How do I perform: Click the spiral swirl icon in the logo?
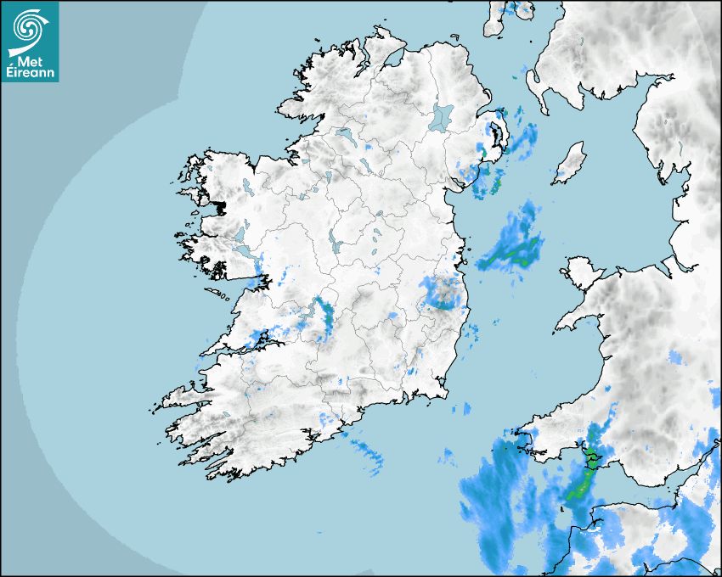coord(29,27)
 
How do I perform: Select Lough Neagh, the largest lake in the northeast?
coord(442,116)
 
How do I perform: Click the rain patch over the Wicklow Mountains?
coord(443,293)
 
